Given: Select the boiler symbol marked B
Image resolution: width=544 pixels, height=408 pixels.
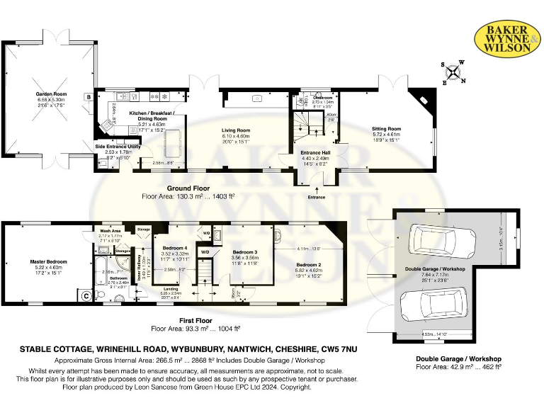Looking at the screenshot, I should pos(89,96).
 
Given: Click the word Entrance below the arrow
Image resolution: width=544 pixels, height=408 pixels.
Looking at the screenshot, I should pos(316,197).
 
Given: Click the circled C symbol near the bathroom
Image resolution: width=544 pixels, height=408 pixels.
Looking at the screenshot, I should pos(86,296).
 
